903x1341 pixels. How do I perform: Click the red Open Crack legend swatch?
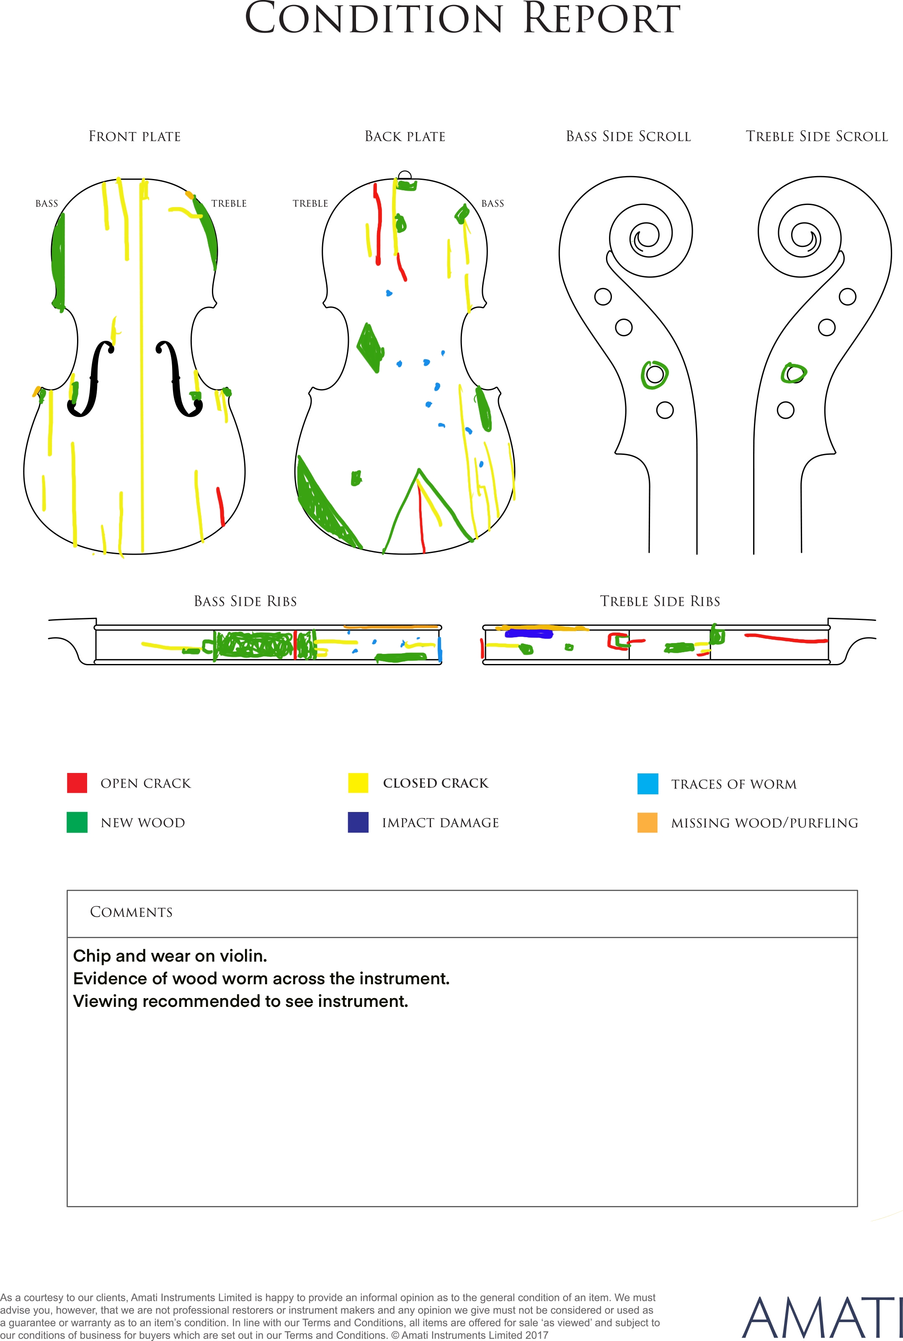point(77,783)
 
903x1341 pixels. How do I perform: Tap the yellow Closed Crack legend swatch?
point(358,783)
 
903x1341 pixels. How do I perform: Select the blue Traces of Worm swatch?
point(648,784)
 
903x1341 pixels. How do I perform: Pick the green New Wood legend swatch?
point(77,822)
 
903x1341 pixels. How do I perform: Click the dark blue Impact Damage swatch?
point(358,822)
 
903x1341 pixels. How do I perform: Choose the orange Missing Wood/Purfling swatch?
point(648,822)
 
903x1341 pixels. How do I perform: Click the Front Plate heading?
point(135,137)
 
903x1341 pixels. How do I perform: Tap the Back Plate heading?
point(405,137)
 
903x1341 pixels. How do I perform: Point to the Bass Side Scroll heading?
point(628,137)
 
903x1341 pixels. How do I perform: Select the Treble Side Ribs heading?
point(660,601)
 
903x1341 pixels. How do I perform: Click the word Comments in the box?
point(132,912)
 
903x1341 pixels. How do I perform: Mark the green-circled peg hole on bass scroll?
point(655,375)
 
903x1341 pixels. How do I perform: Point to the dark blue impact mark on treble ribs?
point(529,634)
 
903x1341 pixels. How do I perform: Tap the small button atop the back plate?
point(405,175)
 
